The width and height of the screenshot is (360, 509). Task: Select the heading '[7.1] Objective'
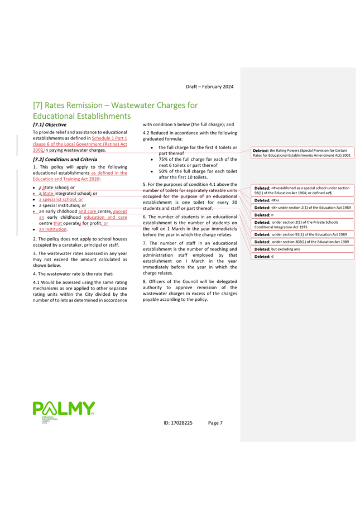click(x=50, y=124)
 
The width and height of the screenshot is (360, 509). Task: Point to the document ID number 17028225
click(x=178, y=423)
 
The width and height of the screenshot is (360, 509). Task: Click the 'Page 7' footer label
click(x=215, y=423)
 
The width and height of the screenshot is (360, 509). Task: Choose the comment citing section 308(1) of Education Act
click(x=301, y=242)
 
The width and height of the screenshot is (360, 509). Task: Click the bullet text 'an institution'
click(x=53, y=229)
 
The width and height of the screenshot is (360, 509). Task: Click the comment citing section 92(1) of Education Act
click(x=301, y=234)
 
